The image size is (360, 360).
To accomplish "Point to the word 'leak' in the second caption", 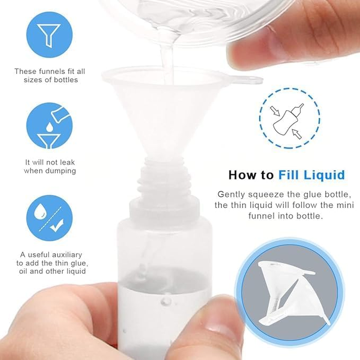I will (66, 162).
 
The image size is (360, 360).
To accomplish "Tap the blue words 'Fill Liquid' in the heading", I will (311, 175).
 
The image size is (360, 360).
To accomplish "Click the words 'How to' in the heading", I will (251, 175).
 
